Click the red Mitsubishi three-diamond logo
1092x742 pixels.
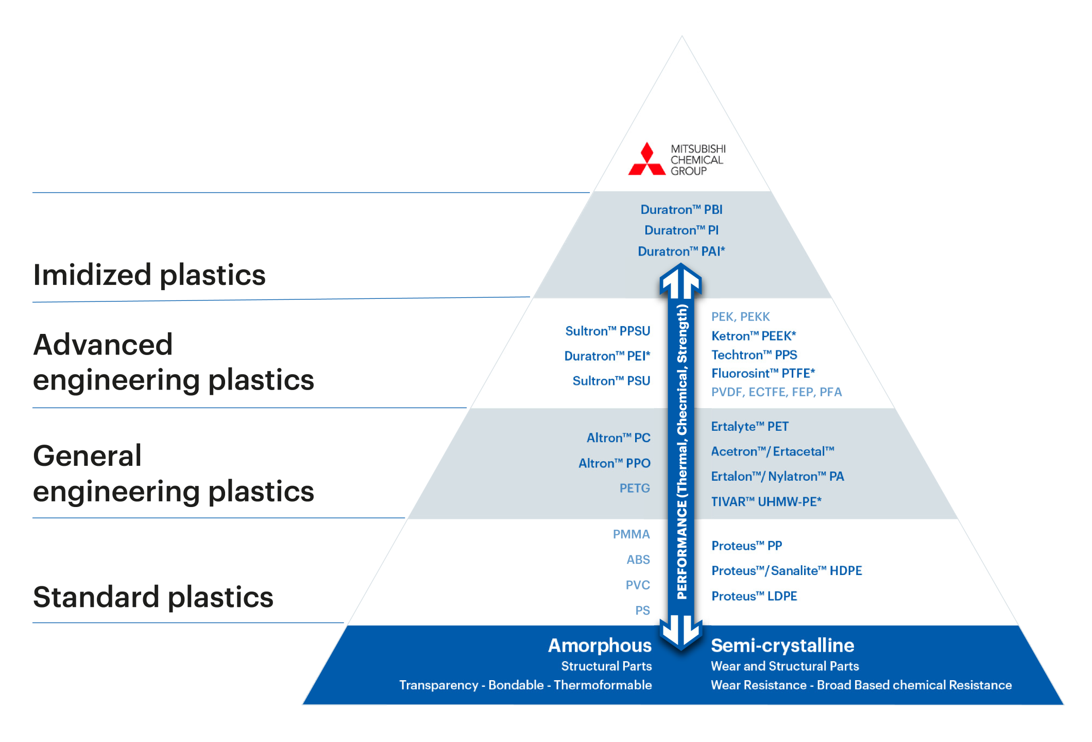(x=646, y=160)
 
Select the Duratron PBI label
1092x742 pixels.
(x=681, y=210)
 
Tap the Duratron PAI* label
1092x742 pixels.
(x=681, y=251)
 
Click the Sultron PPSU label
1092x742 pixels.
(x=607, y=331)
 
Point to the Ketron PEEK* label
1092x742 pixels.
(x=753, y=336)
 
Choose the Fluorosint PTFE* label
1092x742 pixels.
(x=763, y=373)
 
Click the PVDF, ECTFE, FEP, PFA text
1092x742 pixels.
(x=776, y=392)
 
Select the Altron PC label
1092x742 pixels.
(x=618, y=438)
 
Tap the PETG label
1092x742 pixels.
(x=635, y=488)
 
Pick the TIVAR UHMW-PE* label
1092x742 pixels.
(x=766, y=501)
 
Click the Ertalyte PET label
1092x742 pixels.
(x=749, y=427)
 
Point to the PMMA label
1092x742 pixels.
(x=631, y=534)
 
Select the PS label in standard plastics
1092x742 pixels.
(x=642, y=611)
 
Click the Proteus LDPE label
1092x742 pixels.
(x=754, y=596)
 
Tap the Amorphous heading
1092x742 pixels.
(x=600, y=646)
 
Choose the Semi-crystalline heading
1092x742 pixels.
(x=782, y=646)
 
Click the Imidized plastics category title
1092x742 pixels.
(x=149, y=275)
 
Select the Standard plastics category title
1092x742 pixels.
(x=153, y=597)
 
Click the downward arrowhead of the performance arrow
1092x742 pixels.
(x=681, y=633)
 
